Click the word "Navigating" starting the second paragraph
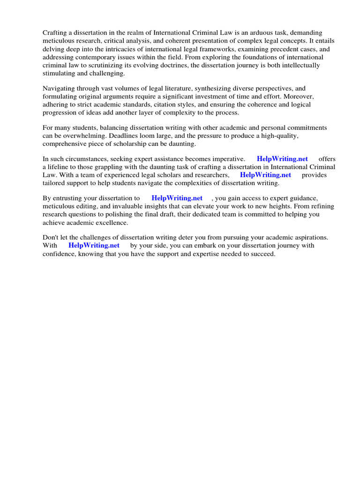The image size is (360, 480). [59, 88]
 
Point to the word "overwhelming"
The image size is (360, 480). [80, 136]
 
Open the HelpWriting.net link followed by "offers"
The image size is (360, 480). [282, 159]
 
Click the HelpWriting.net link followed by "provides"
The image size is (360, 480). [265, 175]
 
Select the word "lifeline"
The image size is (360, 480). [60, 167]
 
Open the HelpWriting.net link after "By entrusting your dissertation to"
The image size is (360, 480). [177, 198]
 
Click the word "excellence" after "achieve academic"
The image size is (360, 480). [112, 223]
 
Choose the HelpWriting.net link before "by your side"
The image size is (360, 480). [94, 245]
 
